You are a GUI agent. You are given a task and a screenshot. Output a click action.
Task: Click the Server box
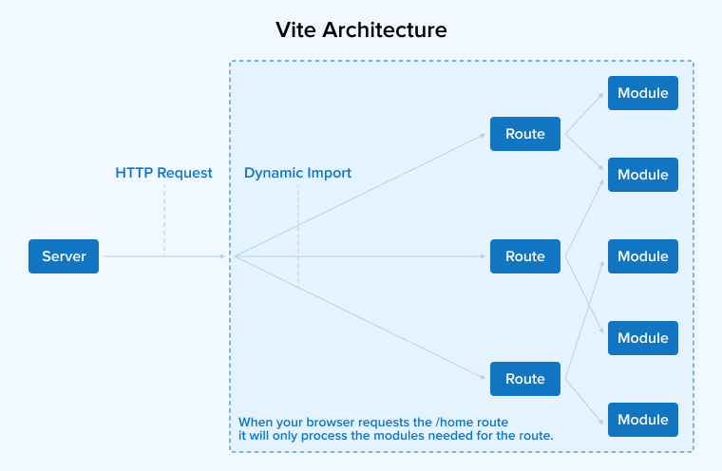point(64,256)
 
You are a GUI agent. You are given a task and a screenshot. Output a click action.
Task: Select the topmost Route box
point(524,134)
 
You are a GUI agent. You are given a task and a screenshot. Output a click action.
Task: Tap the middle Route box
point(524,256)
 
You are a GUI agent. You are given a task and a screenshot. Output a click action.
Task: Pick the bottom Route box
point(524,379)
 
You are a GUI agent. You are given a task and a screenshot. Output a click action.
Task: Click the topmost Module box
point(643,93)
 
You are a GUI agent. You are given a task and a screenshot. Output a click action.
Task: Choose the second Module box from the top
point(643,175)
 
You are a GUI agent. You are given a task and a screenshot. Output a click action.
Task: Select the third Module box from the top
point(643,256)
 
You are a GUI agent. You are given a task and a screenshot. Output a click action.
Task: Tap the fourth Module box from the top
point(643,338)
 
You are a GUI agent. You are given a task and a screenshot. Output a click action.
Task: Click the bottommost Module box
point(643,420)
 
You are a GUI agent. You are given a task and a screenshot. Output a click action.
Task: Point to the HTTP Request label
point(163,173)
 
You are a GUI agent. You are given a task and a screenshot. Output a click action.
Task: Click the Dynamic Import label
point(297,173)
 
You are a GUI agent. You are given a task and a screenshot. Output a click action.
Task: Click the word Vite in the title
point(296,29)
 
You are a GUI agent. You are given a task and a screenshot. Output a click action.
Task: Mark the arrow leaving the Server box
point(161,256)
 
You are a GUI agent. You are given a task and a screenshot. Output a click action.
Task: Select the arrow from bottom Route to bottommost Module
point(584,400)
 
